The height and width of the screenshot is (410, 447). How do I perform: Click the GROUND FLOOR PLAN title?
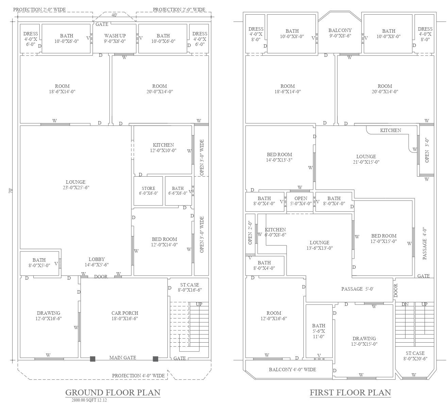click(113, 392)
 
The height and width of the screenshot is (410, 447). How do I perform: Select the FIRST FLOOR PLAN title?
click(350, 392)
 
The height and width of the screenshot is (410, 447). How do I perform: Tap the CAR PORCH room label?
click(125, 313)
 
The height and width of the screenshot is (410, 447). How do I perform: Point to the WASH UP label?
click(115, 36)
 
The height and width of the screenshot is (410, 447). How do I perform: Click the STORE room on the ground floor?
click(148, 191)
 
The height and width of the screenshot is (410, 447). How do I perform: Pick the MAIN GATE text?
click(122, 358)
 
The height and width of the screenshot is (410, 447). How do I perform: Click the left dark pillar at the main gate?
click(93, 359)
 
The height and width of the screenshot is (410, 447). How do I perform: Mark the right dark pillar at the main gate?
click(155, 359)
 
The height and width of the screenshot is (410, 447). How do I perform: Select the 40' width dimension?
click(114, 15)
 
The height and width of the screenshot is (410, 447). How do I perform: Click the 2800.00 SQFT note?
click(89, 400)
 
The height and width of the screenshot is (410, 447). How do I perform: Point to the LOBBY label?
click(97, 259)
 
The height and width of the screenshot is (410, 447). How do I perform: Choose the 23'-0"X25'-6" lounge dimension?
click(76, 187)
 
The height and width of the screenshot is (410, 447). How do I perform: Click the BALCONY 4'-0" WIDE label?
click(292, 370)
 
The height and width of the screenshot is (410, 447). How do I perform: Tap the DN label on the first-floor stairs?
click(405, 304)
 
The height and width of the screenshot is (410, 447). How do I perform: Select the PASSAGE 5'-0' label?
click(358, 289)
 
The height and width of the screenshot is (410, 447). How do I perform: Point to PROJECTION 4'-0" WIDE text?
click(138, 376)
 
